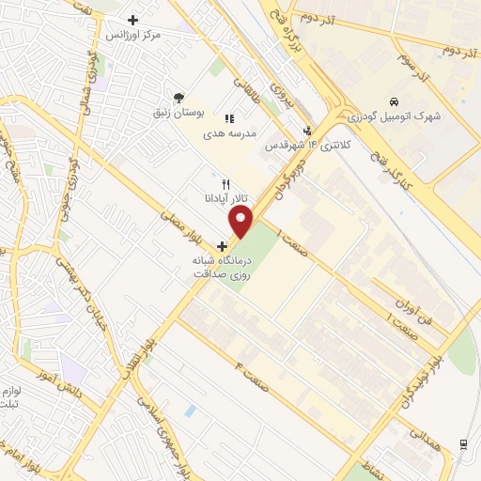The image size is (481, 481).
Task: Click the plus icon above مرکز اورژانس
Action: (132, 20)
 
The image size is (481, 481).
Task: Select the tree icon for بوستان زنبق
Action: (178, 97)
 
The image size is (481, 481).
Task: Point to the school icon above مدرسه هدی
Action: (228, 118)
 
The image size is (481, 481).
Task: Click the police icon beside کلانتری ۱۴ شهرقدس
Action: (306, 131)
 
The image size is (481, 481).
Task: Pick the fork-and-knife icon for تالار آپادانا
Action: (224, 184)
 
